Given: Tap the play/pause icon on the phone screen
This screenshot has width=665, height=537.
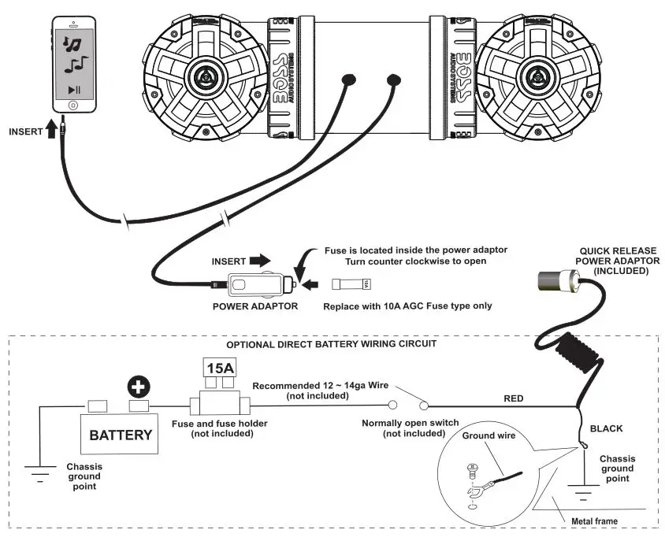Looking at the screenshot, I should tap(74, 91).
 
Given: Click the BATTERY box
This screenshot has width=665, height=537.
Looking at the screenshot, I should tap(120, 435).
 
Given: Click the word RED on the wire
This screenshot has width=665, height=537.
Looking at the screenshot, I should tap(514, 398).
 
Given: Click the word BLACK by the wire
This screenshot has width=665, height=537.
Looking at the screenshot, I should tap(606, 428).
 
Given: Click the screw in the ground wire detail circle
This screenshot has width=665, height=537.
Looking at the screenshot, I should tap(471, 469).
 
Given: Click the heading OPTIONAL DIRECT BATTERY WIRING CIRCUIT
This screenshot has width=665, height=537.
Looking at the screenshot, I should tap(330, 345).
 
